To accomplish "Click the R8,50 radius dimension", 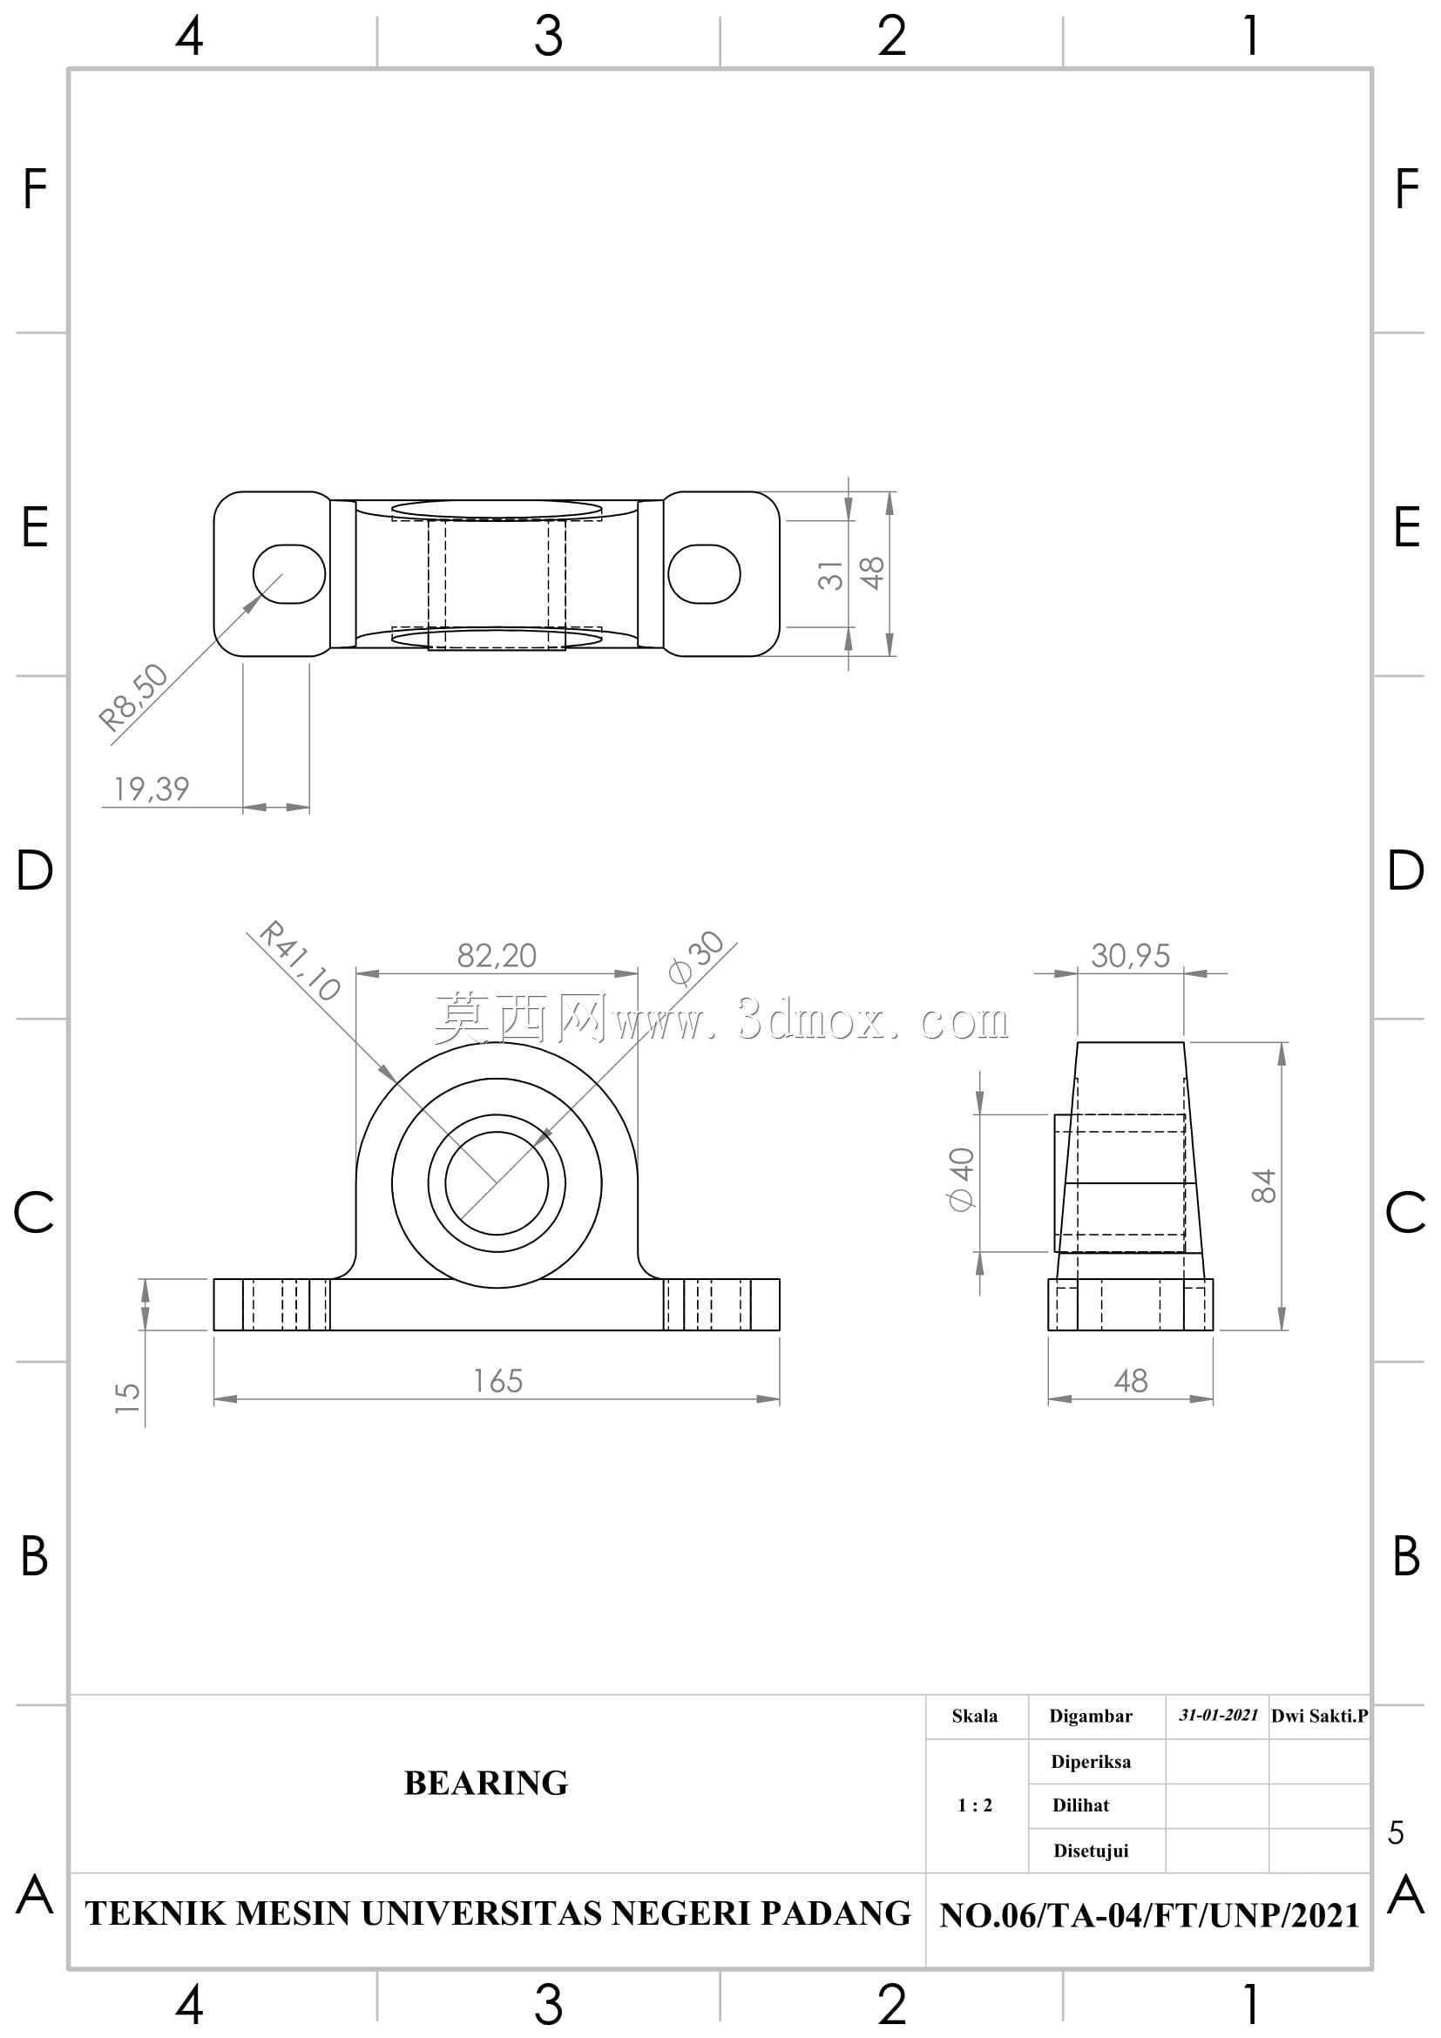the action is [x=133, y=697].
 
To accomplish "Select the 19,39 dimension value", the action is [x=152, y=789].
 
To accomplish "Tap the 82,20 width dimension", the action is [x=497, y=955].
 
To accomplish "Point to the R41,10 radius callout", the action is [x=300, y=961].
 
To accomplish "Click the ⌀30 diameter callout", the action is [x=697, y=958].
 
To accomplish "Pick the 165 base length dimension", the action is [x=497, y=1380].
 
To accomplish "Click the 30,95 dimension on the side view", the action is [x=1131, y=955].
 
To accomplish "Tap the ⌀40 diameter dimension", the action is [x=962, y=1179].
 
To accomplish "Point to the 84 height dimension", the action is [x=1262, y=1186].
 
